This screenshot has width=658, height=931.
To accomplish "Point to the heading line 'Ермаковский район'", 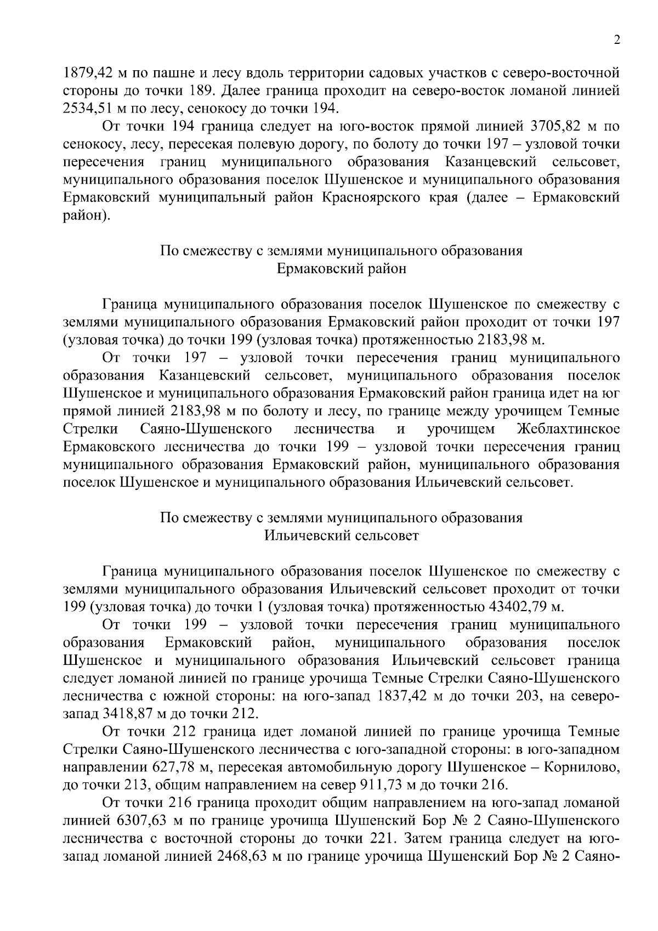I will point(341,269).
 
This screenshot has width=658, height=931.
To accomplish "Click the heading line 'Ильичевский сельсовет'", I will point(341,535).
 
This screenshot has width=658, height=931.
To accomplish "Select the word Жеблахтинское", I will point(569,428).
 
